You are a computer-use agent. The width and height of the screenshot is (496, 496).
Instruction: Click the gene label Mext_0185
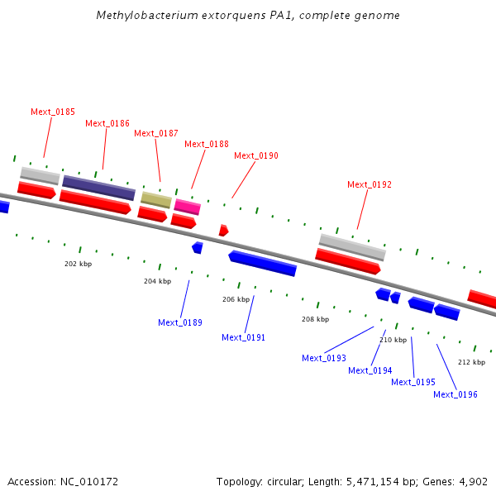(x=53, y=112)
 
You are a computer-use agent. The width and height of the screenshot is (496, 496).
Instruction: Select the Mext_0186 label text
(x=107, y=123)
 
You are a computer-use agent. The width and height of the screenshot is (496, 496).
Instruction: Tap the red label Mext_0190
(x=256, y=155)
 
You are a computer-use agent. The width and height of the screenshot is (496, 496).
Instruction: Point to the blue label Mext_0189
(x=180, y=322)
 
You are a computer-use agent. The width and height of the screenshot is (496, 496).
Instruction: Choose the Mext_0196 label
(x=455, y=394)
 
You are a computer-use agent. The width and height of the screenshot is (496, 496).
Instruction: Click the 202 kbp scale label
(x=79, y=264)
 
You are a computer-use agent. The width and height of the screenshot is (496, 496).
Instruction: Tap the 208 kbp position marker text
(x=316, y=319)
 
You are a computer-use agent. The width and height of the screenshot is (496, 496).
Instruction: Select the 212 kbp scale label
(x=472, y=362)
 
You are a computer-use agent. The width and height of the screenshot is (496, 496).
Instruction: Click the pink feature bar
(x=188, y=207)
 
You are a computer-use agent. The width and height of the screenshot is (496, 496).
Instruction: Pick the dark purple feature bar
(x=98, y=188)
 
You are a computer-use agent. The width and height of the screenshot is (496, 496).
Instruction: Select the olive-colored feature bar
(x=156, y=199)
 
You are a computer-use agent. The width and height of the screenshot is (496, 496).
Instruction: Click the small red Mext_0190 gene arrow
(x=224, y=231)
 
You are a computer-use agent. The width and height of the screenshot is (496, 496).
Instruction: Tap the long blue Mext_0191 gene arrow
(x=263, y=263)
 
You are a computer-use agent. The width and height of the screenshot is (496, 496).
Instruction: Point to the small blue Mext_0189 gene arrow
(x=198, y=248)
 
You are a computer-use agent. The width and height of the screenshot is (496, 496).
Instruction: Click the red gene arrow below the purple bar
(x=95, y=203)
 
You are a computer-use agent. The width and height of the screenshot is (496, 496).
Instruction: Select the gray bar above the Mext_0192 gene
(x=352, y=247)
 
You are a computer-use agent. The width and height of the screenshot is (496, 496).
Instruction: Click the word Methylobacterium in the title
(x=147, y=15)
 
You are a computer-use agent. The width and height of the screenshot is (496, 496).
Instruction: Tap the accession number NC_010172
(x=89, y=481)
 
